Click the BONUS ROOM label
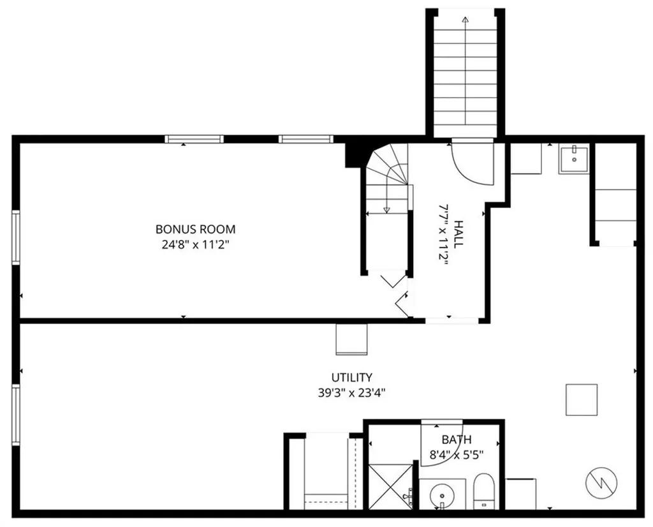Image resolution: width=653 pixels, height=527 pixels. (195, 229)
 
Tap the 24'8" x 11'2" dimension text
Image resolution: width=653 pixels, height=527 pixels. (195, 244)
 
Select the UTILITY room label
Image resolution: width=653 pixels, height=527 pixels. (351, 377)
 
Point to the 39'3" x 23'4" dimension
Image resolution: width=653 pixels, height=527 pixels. (351, 392)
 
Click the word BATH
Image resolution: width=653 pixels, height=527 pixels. (457, 440)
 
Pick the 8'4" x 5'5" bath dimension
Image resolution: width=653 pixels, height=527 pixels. (457, 455)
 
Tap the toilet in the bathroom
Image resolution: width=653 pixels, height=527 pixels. (484, 491)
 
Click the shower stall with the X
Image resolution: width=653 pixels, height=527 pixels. (391, 486)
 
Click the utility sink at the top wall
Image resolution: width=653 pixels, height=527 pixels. (574, 158)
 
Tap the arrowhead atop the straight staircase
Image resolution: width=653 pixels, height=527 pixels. (465, 20)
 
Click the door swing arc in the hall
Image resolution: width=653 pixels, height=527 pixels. (473, 164)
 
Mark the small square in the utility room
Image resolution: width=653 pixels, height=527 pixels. (581, 399)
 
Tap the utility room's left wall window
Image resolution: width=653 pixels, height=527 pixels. (16, 414)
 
